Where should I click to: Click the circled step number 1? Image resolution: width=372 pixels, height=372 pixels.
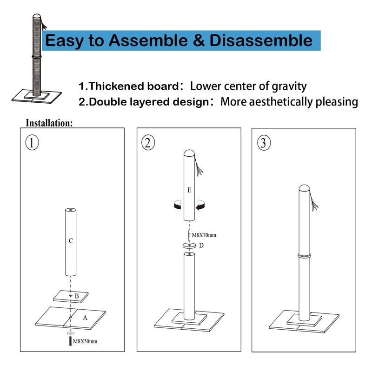click(x=31, y=143)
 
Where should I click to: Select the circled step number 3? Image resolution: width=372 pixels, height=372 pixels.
click(x=263, y=143)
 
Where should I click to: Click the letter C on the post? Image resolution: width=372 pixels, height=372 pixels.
click(x=70, y=240)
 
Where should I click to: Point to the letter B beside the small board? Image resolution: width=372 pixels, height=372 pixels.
click(x=77, y=296)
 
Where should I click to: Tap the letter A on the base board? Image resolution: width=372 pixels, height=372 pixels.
click(x=85, y=318)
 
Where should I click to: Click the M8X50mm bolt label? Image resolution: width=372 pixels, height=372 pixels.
click(x=86, y=342)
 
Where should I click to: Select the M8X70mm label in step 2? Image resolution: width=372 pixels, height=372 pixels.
click(x=204, y=235)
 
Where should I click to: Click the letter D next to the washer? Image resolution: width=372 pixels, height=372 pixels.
click(x=201, y=246)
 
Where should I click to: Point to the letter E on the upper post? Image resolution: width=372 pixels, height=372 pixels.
click(x=189, y=190)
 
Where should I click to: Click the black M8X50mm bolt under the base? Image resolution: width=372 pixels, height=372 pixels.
click(x=70, y=342)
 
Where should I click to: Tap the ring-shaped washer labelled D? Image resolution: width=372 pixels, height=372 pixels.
click(x=189, y=246)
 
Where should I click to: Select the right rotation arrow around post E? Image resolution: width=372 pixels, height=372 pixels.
click(x=201, y=205)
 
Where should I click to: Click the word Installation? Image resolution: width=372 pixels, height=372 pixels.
click(x=49, y=123)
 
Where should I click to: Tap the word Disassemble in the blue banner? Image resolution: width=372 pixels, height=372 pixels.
click(x=261, y=40)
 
